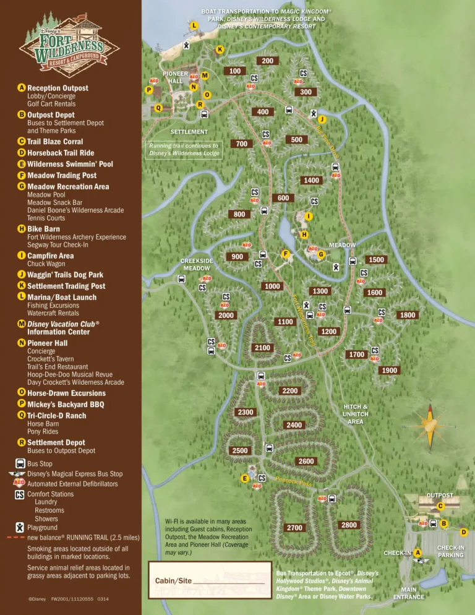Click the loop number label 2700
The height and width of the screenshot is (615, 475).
295,528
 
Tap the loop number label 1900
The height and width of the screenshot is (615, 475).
390,370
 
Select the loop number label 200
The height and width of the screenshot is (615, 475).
267,61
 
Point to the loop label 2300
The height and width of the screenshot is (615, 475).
246,412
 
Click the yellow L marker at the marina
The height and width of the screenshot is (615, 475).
194,25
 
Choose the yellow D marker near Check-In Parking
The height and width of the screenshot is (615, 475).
464,532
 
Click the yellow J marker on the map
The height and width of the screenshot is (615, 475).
323,118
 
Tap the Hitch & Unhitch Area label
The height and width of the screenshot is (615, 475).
356,414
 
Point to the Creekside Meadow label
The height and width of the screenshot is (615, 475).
197,264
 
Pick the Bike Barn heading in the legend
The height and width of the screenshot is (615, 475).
43,229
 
